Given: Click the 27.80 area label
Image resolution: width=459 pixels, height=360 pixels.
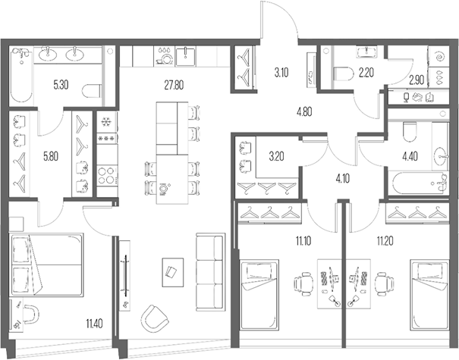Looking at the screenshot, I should click(x=172, y=85).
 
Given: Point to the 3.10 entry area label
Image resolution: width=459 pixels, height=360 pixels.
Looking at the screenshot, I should click(x=281, y=73).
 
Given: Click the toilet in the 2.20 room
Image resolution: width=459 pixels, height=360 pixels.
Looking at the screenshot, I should click(x=341, y=73).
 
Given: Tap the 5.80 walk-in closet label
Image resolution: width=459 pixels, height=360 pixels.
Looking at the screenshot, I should click(x=50, y=156).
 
